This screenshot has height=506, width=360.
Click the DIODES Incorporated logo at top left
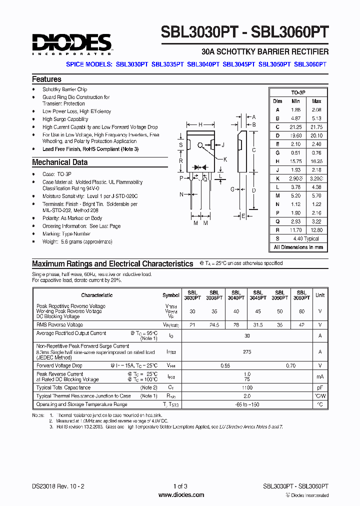tap(71, 44)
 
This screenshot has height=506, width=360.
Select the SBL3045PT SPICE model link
tap(239, 64)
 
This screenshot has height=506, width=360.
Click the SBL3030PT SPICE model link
tap(132, 64)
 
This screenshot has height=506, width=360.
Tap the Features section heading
tap(46, 79)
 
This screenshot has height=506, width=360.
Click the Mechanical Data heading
tap(59, 162)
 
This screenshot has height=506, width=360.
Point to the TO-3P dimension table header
tap(298, 93)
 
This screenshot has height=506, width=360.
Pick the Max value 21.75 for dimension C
tap(316, 127)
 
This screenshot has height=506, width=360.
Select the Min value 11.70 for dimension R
tap(295, 230)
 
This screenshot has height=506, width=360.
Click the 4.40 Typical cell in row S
tap(305, 238)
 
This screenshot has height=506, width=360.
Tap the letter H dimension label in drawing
tap(200, 124)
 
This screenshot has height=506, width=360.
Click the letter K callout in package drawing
tap(225, 159)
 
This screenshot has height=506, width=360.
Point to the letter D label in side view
tap(254, 190)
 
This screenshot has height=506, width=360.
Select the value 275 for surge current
tap(246, 352)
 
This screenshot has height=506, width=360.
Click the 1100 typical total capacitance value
tap(246, 387)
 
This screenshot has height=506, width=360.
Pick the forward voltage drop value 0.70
tap(291, 365)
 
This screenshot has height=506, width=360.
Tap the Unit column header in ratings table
tap(320, 295)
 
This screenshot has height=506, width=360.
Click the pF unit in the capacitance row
tap(320, 387)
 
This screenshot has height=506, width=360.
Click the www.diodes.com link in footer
tap(180, 495)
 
